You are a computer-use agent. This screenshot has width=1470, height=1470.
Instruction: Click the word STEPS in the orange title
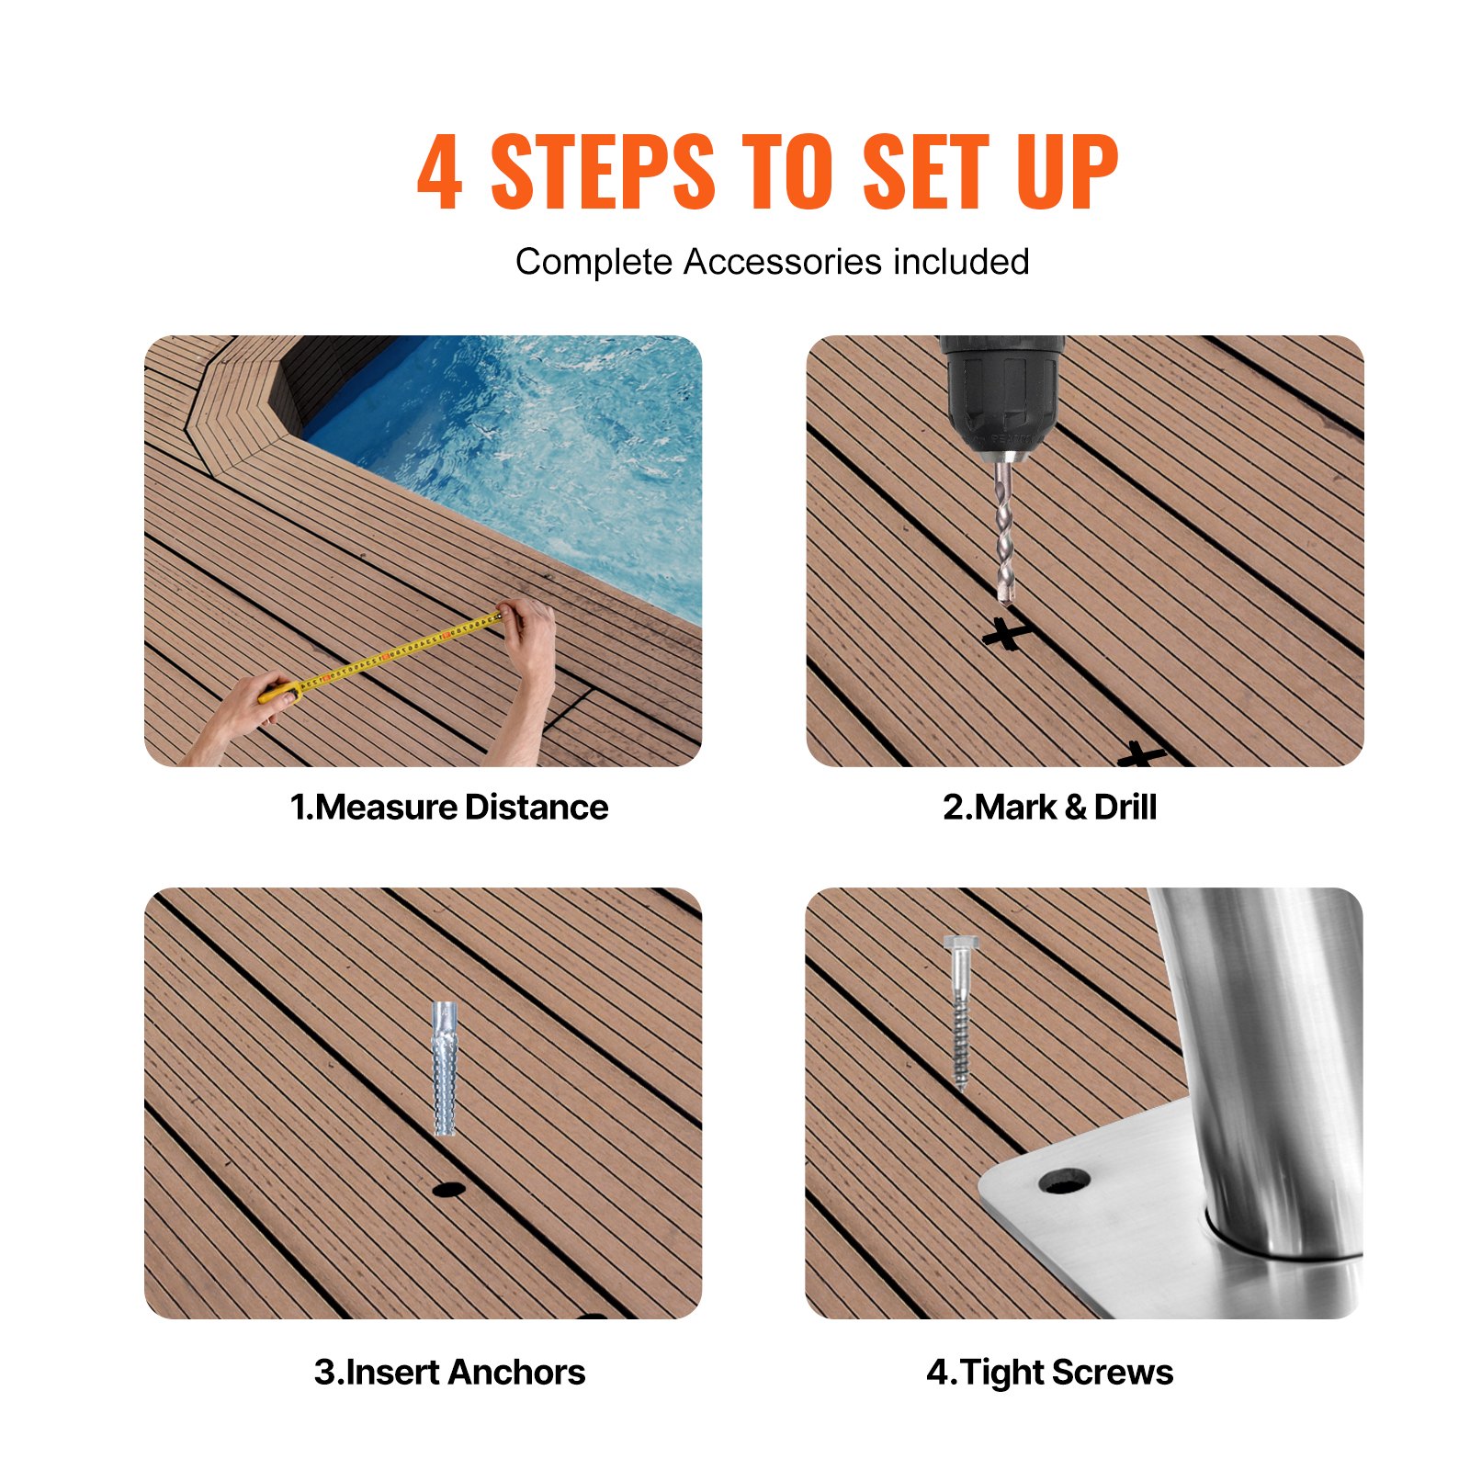pyautogui.click(x=602, y=172)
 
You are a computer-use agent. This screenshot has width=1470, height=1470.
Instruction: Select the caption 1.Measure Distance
pyautogui.click(x=448, y=807)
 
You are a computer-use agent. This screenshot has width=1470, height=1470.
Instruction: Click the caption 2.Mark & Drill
pyautogui.click(x=1049, y=807)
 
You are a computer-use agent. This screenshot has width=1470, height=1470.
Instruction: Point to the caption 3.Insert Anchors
pyautogui.click(x=448, y=1372)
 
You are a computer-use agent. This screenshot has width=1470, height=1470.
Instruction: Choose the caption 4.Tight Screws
pyautogui.click(x=1049, y=1372)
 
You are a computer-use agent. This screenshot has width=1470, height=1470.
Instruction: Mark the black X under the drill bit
pyautogui.click(x=1007, y=634)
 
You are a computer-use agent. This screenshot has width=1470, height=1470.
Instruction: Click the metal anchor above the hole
pyautogui.click(x=445, y=1068)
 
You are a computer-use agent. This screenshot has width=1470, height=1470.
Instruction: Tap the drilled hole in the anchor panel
pyautogui.click(x=448, y=1190)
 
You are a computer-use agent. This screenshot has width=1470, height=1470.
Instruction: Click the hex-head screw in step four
pyautogui.click(x=959, y=1011)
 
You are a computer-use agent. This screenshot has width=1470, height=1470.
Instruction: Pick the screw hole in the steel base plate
pyautogui.click(x=1065, y=1182)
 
